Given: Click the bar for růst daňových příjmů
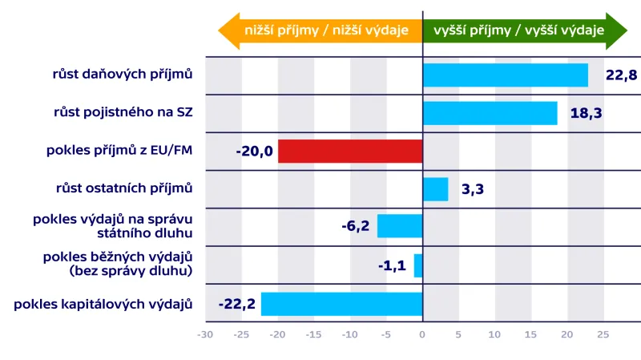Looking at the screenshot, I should pyautogui.click(x=505, y=75).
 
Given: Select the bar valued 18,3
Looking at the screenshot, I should pyautogui.click(x=490, y=113).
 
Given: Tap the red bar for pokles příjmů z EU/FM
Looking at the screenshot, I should pyautogui.click(x=350, y=151).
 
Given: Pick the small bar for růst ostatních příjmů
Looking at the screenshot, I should pyautogui.click(x=435, y=189).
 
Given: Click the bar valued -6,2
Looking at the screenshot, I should pyautogui.click(x=400, y=226).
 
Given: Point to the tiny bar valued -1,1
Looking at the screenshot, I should pyautogui.click(x=418, y=265).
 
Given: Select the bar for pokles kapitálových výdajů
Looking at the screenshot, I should pyautogui.click(x=342, y=304).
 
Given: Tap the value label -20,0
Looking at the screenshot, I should pyautogui.click(x=255, y=152).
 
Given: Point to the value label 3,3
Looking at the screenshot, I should pyautogui.click(x=473, y=190).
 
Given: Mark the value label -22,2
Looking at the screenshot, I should pyautogui.click(x=236, y=304).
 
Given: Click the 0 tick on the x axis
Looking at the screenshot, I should pyautogui.click(x=422, y=334).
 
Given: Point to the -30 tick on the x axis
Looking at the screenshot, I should pyautogui.click(x=205, y=334).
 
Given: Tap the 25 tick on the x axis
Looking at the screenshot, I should pyautogui.click(x=603, y=334).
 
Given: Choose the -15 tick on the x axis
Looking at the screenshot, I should pyautogui.click(x=313, y=334).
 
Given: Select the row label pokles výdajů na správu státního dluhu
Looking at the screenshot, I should pyautogui.click(x=113, y=226).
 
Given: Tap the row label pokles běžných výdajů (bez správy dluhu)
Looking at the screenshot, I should pyautogui.click(x=118, y=264).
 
